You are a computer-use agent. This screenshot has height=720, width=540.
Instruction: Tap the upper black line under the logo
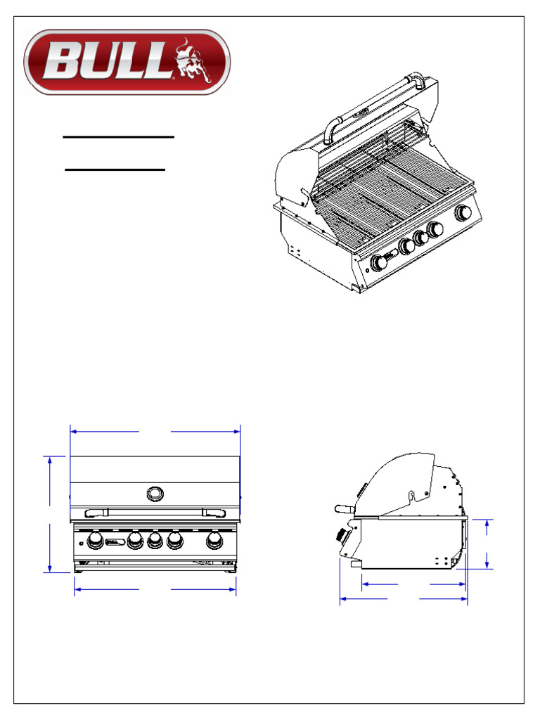[118, 137]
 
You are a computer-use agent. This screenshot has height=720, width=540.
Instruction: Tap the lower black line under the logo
[115, 169]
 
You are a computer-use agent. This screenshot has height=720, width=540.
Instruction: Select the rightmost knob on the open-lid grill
[464, 213]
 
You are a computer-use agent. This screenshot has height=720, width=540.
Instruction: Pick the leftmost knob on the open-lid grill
[379, 263]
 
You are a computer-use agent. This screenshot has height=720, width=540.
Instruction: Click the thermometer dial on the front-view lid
[154, 493]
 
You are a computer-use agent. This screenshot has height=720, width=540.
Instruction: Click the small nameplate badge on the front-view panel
[115, 541]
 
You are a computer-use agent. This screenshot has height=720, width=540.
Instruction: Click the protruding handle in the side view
[343, 508]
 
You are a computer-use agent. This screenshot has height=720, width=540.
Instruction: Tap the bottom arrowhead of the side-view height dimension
[489, 565]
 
